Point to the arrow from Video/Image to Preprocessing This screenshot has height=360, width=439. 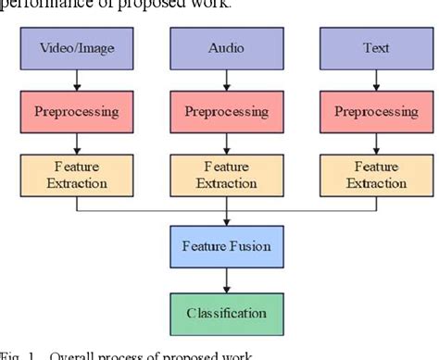(75, 79)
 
